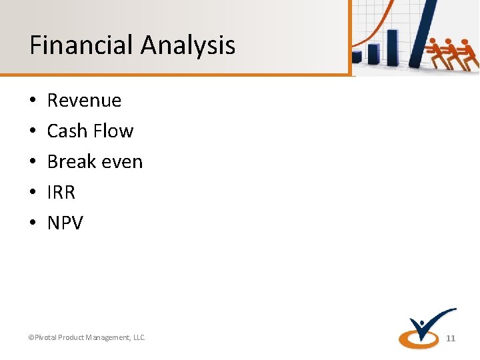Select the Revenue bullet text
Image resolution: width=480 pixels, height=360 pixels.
click(84, 101)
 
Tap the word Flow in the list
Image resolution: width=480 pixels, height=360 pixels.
click(113, 131)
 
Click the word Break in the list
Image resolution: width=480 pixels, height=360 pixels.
click(69, 162)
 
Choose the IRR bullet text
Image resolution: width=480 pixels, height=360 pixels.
click(61, 193)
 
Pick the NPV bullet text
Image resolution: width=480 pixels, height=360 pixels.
click(65, 223)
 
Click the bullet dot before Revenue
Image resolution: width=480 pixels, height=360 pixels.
click(33, 101)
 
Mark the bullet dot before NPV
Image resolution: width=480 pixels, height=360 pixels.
click(33, 223)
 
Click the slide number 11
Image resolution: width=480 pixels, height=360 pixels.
click(451, 339)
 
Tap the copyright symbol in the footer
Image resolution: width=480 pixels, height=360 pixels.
click(31, 338)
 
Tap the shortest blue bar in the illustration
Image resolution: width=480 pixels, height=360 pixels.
click(359, 57)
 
